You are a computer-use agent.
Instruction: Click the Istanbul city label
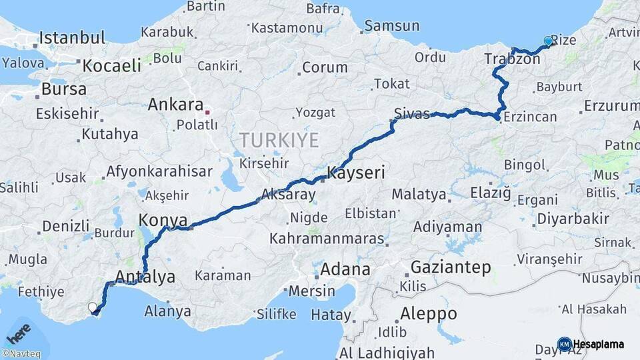tap(72, 37)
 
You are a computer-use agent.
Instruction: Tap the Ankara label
tap(175, 105)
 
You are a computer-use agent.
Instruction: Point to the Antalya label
tap(145, 277)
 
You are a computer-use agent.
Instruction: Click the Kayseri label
tap(356, 173)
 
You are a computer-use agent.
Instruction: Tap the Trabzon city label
tap(512, 59)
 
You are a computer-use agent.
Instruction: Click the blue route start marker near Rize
tap(549, 41)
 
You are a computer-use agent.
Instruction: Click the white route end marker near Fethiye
tap(92, 307)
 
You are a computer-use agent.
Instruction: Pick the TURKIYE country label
tap(279, 140)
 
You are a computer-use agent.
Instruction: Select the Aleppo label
tap(429, 313)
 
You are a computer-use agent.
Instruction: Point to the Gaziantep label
tap(451, 267)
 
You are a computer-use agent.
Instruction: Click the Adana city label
tap(345, 270)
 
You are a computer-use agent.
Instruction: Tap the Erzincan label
tap(530, 117)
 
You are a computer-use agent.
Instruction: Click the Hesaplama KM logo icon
tap(564, 344)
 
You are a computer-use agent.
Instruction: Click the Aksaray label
tap(289, 195)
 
